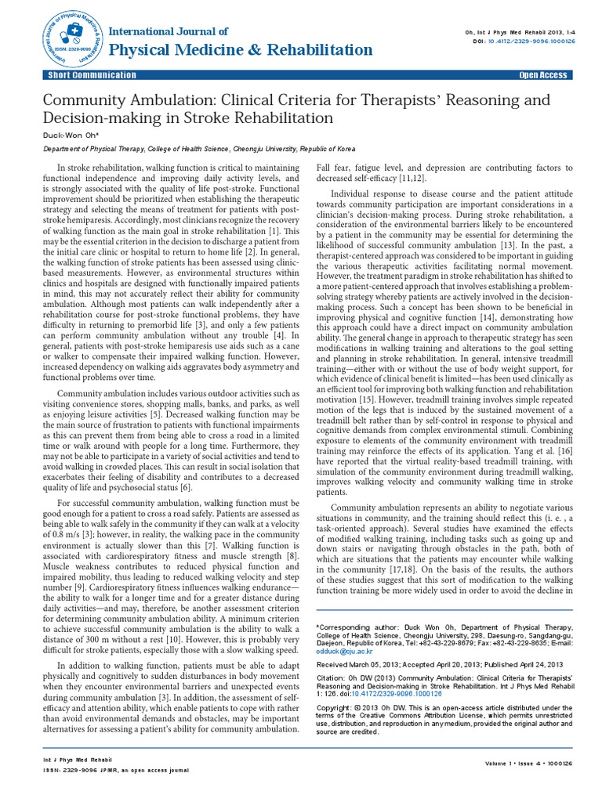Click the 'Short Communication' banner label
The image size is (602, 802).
tap(93, 75)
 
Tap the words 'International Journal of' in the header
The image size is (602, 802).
tap(170, 31)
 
